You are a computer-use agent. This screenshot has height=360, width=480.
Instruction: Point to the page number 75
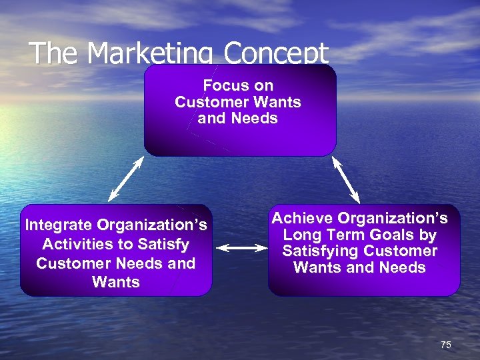tap(446, 345)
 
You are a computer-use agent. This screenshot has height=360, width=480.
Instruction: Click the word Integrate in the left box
tap(58, 225)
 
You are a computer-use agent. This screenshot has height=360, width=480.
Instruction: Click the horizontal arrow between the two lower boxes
tap(241, 248)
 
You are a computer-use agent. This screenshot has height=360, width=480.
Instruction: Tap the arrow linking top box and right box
tap(346, 179)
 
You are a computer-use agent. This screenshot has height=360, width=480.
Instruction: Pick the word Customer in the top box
tap(211, 103)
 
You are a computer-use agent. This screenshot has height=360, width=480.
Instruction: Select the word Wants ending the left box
tap(115, 282)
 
